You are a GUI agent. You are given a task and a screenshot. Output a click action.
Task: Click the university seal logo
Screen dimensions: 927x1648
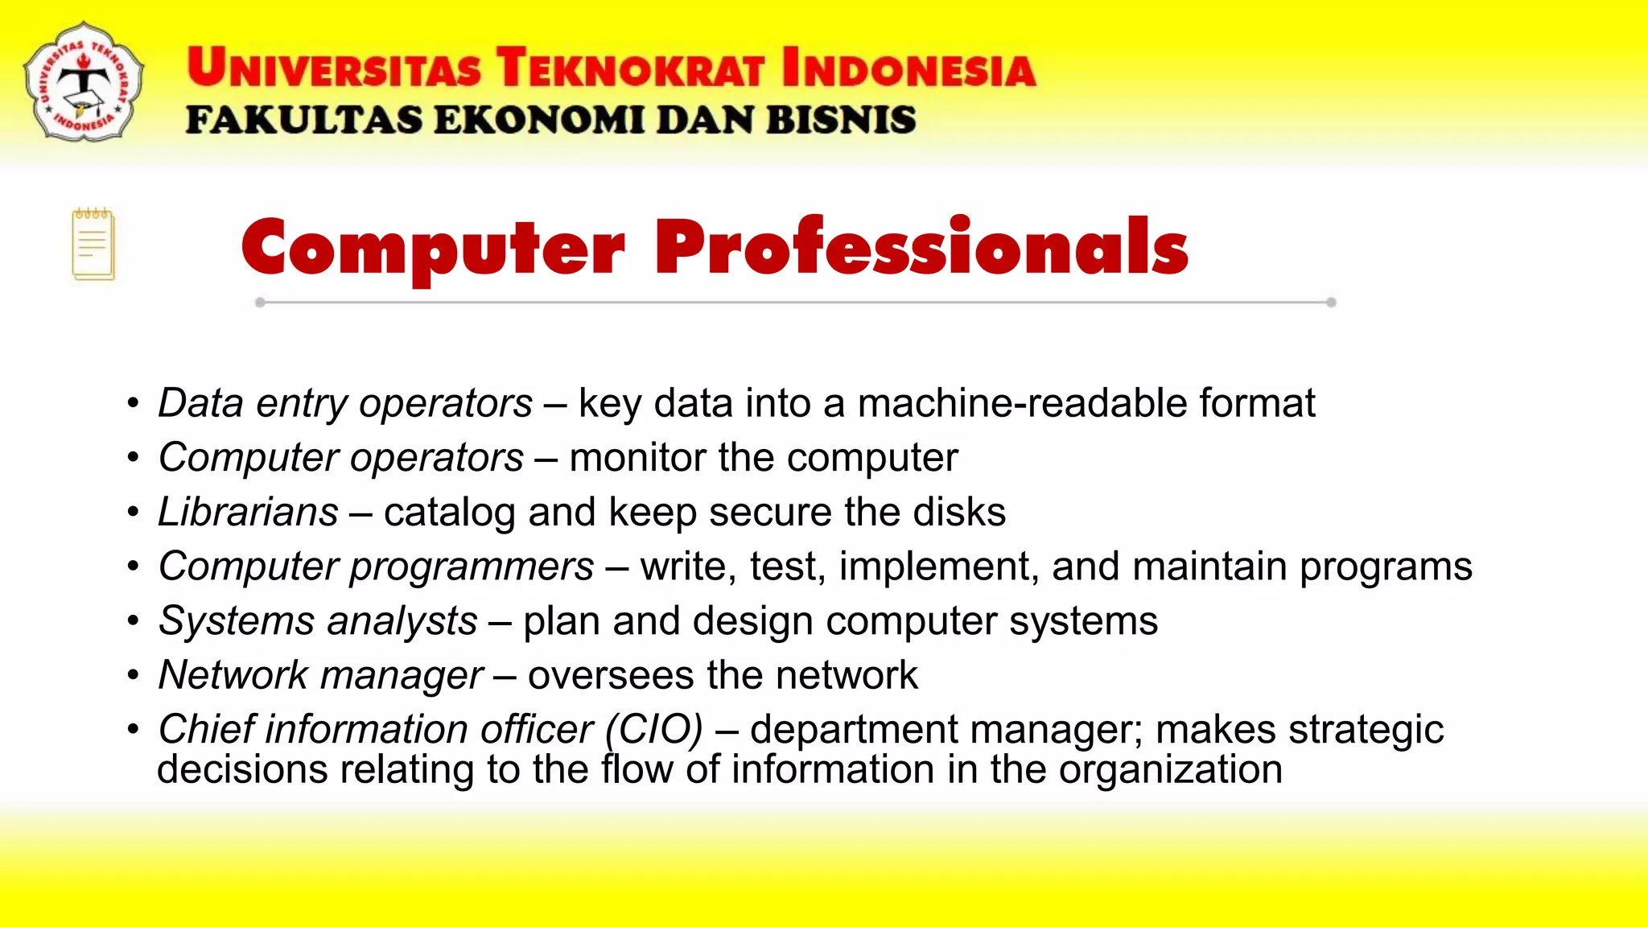(84, 82)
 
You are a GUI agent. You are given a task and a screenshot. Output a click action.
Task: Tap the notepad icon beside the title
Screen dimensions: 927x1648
(93, 245)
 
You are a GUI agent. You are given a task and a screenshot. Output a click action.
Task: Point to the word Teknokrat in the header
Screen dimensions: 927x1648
(629, 68)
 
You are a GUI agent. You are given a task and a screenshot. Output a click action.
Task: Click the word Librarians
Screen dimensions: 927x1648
(248, 512)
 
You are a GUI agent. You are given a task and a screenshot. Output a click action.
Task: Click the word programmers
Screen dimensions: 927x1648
(472, 566)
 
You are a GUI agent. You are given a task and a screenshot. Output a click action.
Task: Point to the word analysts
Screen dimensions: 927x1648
(402, 621)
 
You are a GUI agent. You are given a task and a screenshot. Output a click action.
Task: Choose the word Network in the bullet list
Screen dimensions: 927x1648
(233, 675)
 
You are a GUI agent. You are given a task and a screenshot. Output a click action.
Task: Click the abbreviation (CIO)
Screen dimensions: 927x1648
(654, 729)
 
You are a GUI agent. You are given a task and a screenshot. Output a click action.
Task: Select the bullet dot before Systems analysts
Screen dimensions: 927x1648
(134, 621)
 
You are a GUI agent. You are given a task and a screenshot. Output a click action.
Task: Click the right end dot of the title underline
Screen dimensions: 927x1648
(1331, 303)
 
